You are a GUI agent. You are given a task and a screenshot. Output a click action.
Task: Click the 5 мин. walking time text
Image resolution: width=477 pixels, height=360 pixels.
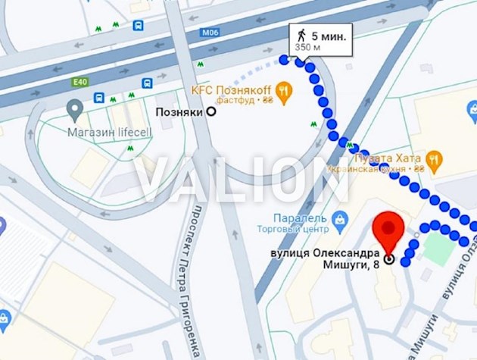click(x=326, y=35)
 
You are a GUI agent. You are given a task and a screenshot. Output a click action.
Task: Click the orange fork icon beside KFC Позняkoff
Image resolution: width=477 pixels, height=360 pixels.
click(x=284, y=93)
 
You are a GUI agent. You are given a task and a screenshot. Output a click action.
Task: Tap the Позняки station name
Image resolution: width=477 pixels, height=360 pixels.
click(x=179, y=111)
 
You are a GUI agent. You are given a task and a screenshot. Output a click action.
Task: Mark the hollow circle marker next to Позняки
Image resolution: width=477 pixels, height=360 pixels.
click(x=211, y=111)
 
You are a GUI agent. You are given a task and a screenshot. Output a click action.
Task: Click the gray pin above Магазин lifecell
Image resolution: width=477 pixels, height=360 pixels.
click(x=73, y=111)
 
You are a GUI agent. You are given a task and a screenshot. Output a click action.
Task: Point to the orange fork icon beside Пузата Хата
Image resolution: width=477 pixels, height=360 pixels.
click(x=433, y=160)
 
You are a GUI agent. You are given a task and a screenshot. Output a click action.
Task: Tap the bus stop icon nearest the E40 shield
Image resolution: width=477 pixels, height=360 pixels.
click(x=98, y=98)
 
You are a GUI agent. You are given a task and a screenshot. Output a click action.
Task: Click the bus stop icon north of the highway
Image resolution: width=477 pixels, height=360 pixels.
click(x=138, y=26)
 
